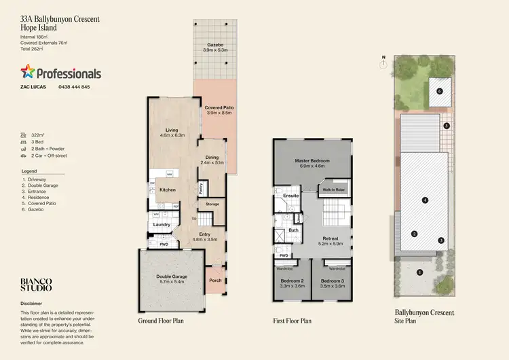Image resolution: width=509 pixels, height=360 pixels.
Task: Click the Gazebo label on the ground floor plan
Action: coord(218,44)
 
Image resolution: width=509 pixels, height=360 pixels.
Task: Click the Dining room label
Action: coord(212,157)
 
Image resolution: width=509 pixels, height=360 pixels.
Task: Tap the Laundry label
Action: coord(161,224)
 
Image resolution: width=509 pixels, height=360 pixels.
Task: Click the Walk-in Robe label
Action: coord(335,189)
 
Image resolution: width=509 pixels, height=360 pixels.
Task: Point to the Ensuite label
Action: coord(291,196)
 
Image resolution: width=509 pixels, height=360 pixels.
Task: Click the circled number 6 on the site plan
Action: coord(439,90)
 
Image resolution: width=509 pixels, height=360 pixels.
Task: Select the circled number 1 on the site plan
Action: coord(419,272)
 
